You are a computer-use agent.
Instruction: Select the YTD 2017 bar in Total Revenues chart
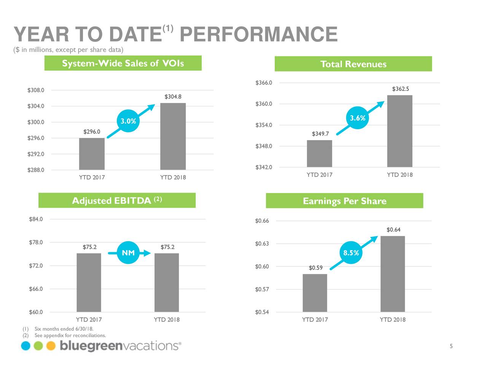point(319,154)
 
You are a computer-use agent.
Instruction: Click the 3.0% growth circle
point(128,121)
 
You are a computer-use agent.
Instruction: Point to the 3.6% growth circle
point(358,118)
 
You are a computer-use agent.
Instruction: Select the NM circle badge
point(128,253)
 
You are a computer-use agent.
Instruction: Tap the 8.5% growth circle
point(351,253)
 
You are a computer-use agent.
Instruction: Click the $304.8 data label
point(173,97)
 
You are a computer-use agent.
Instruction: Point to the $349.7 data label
point(320,133)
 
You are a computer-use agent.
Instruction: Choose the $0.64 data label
point(393,230)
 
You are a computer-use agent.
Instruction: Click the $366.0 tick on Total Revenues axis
point(264,83)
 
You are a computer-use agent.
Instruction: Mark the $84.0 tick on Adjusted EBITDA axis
point(36,219)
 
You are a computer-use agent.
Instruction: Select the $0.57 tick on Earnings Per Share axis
point(262,289)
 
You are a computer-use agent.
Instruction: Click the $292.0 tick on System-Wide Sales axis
point(36,154)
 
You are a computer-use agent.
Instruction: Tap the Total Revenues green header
point(353,64)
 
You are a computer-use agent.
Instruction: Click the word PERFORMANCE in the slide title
point(258,34)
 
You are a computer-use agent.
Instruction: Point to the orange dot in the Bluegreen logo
point(51,346)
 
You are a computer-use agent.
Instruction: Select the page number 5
point(451,346)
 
